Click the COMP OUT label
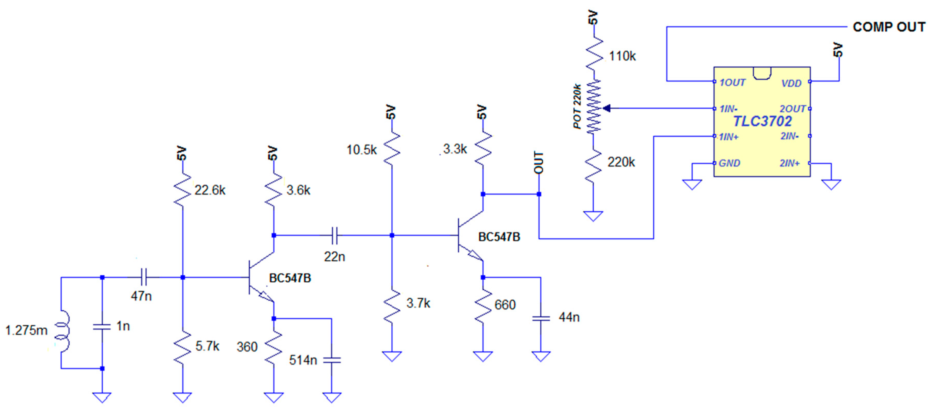pyautogui.click(x=889, y=27)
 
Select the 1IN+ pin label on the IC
pyautogui.click(x=728, y=137)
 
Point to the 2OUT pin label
pyautogui.click(x=792, y=109)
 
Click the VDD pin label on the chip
pyautogui.click(x=791, y=84)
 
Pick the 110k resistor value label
pyautogui.click(x=622, y=56)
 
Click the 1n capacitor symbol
pyautogui.click(x=102, y=327)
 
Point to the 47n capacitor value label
pyautogui.click(x=141, y=296)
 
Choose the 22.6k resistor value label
pyautogui.click(x=210, y=190)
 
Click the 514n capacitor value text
pyautogui.click(x=303, y=360)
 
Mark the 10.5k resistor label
pyautogui.click(x=362, y=150)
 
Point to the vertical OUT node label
pyautogui.click(x=538, y=163)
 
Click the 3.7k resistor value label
pyautogui.click(x=418, y=303)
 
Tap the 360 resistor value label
pyautogui.click(x=247, y=347)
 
